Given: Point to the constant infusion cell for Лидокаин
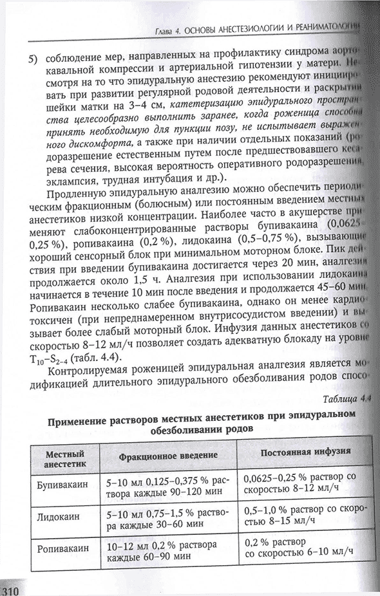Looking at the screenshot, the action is click(x=305, y=519).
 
